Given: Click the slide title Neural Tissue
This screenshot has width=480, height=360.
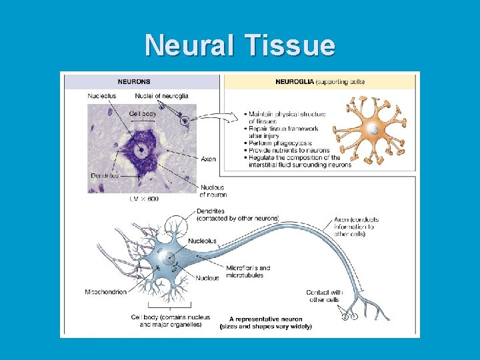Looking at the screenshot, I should tap(240, 45).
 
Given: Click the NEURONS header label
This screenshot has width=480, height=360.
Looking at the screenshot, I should tap(133, 82).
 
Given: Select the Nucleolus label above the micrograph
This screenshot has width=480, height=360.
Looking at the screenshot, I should tap(101, 97).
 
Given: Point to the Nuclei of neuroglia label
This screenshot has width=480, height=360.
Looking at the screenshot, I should tap(157, 97).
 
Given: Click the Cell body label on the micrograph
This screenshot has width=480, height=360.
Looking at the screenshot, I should tap(143, 114).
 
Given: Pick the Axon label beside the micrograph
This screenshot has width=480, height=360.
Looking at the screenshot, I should tap(208, 159).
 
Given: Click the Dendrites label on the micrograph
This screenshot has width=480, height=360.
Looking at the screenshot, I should tap(105, 175).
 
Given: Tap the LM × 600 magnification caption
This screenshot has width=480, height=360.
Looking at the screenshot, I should tap(143, 199).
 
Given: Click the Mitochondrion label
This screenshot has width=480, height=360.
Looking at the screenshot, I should tap(106, 292).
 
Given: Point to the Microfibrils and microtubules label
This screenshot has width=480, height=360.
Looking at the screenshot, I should tap(248, 271).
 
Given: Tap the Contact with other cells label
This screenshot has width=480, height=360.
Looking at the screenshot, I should tap(325, 296).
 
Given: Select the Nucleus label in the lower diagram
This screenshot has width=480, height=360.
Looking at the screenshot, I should tap(207, 278).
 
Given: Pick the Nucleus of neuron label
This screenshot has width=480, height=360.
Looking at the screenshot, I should tap(212, 191).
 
